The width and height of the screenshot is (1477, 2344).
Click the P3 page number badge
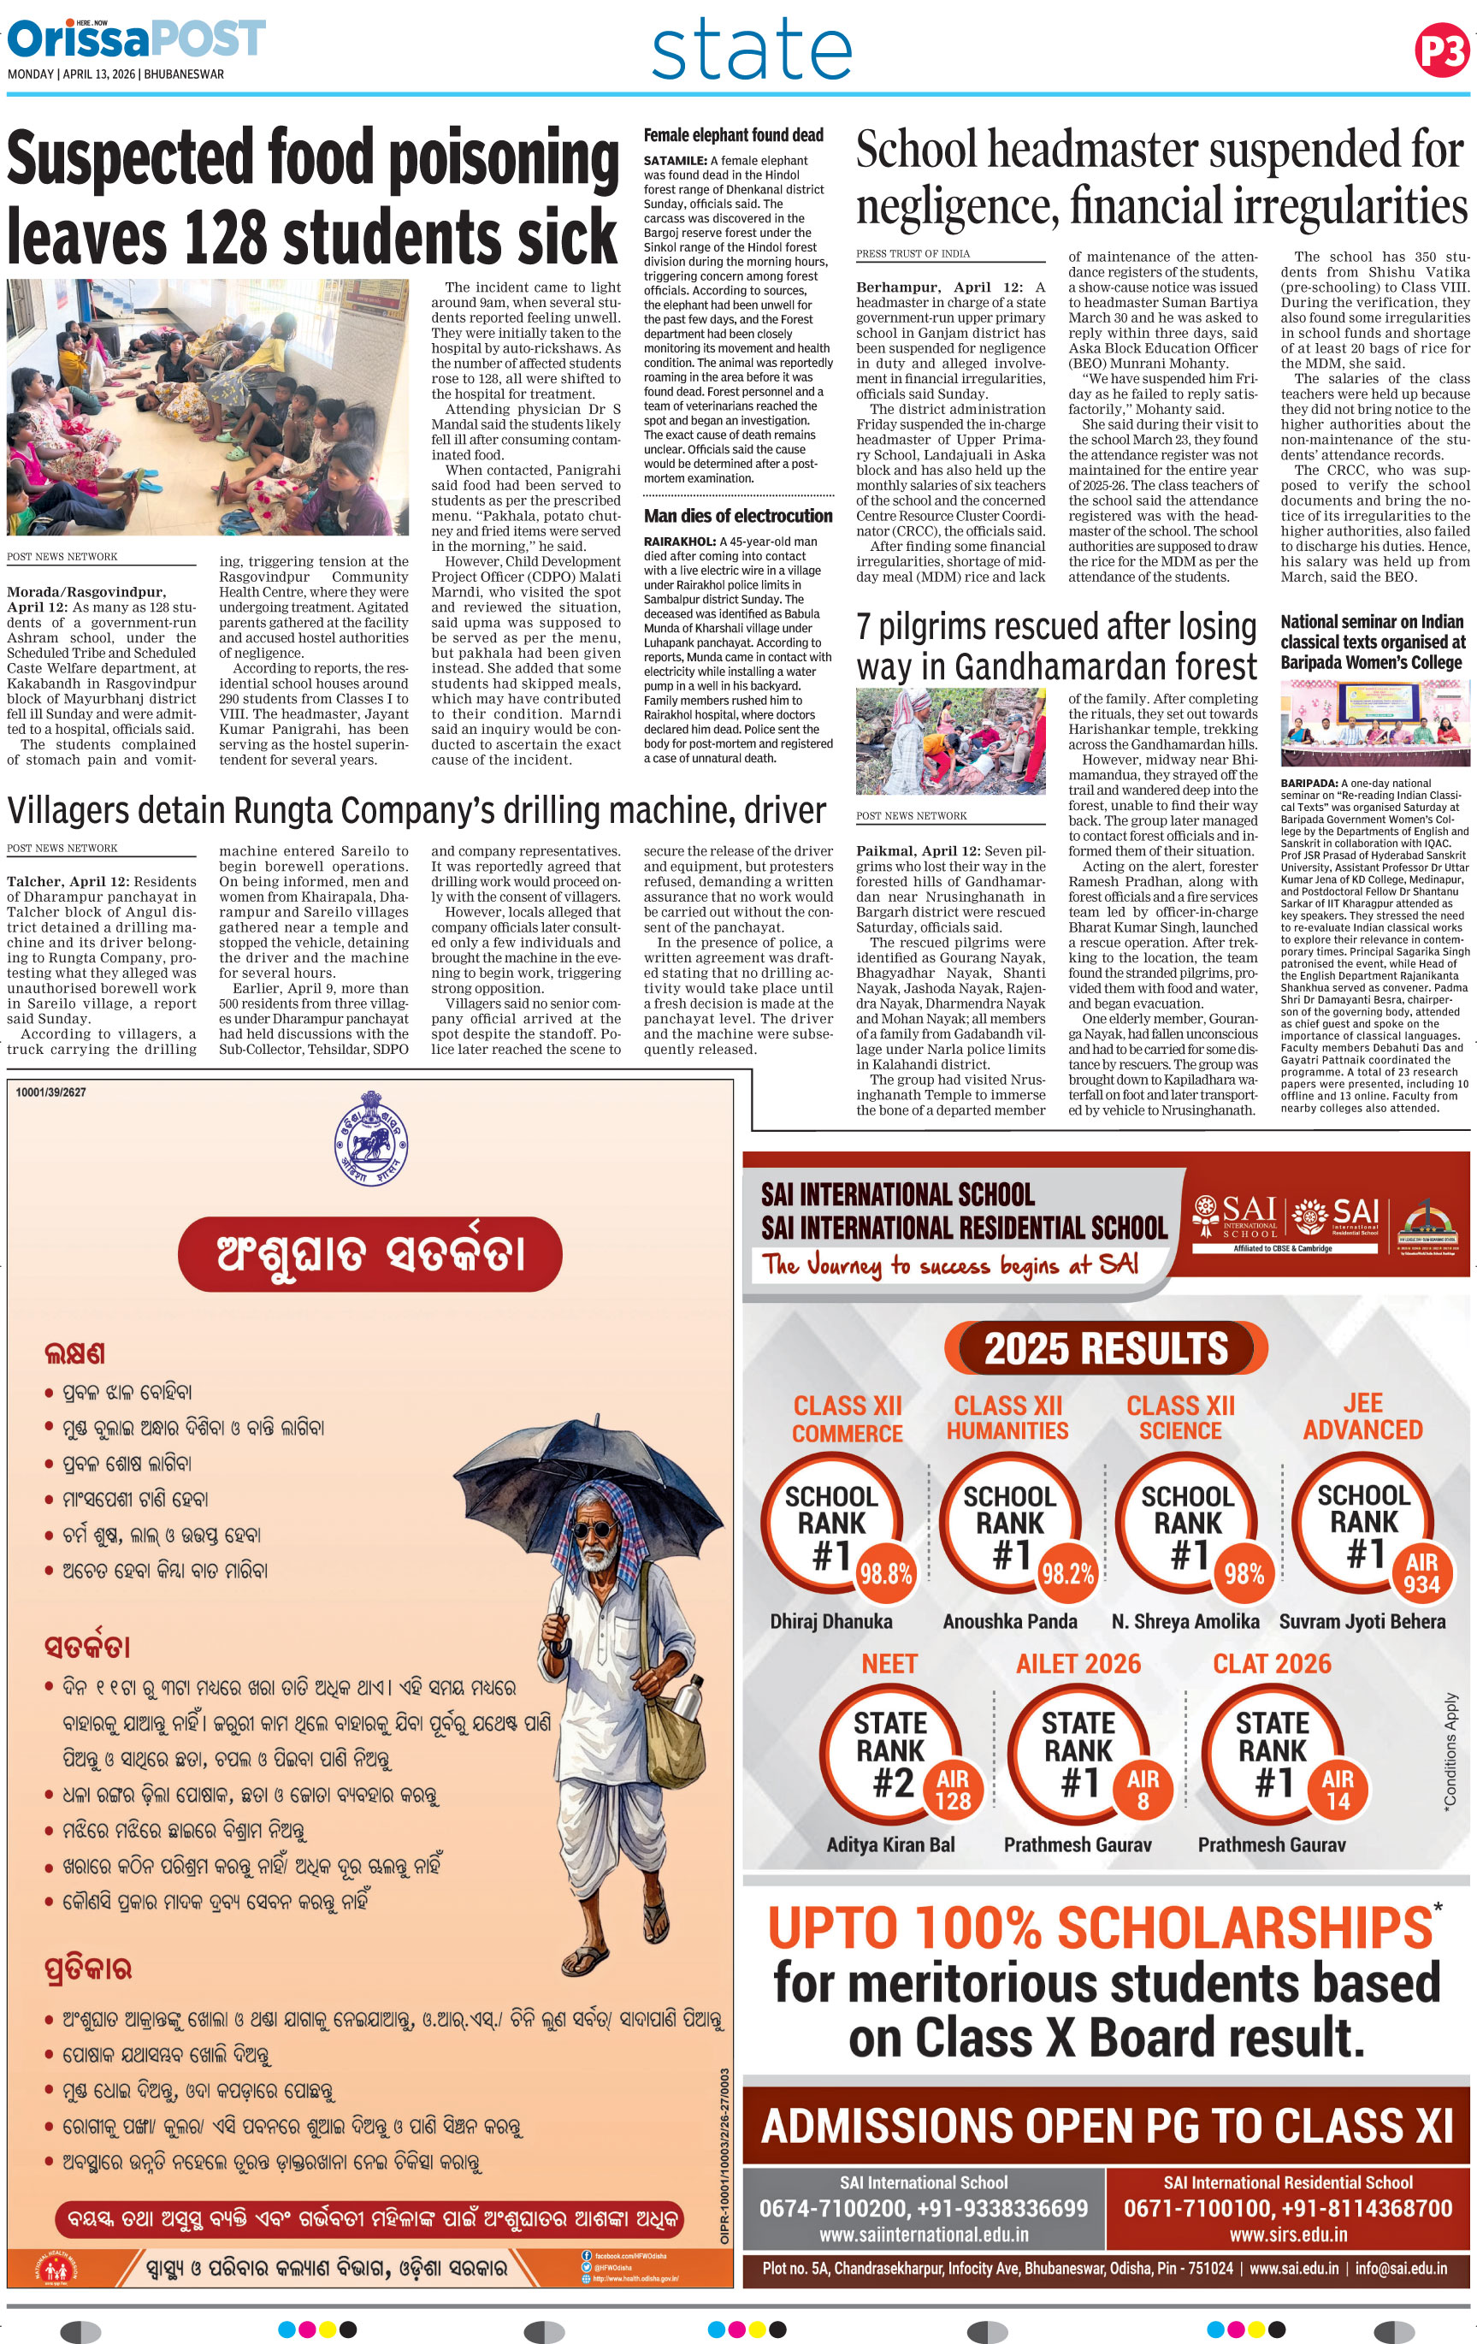point(1442,50)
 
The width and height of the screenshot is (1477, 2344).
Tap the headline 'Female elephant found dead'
point(733,135)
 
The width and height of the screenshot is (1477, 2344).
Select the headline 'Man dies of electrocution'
point(737,516)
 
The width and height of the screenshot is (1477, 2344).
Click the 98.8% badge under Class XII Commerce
point(885,1574)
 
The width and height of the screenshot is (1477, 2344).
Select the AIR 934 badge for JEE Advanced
point(1421,1574)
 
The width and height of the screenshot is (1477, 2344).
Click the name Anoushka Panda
point(1009,1622)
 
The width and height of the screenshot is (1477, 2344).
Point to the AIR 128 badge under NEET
point(953,1791)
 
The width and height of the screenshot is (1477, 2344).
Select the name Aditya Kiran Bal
point(890,1844)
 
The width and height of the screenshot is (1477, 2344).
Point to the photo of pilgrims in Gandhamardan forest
point(951,742)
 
